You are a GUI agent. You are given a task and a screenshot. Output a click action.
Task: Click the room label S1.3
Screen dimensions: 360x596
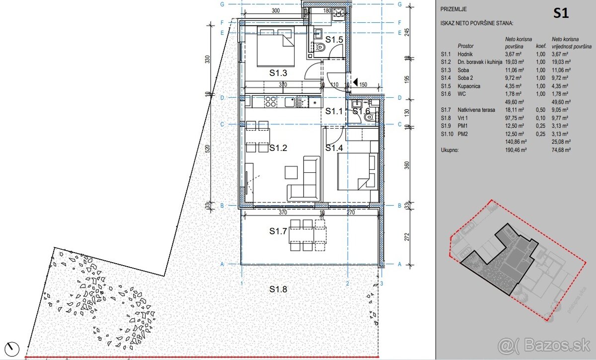[x=279, y=73]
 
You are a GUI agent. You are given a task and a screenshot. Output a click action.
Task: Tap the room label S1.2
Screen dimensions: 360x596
[x=279, y=148]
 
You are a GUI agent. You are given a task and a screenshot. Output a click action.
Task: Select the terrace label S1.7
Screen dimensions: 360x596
[x=279, y=231]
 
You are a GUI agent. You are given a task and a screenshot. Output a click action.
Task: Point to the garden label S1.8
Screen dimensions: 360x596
[x=279, y=289]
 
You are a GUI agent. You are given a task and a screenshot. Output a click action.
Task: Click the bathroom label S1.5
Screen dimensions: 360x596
[x=334, y=39]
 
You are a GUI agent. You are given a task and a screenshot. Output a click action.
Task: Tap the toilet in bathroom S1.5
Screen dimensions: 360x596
[x=320, y=47]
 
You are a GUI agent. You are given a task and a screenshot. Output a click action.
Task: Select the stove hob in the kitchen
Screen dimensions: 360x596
[x=270, y=102]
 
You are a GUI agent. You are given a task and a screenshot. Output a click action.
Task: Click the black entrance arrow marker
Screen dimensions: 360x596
[x=355, y=81]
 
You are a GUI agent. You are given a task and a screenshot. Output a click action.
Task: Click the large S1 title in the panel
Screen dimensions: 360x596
[x=561, y=14]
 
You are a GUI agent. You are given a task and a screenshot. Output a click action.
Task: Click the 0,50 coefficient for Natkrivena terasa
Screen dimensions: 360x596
[x=540, y=110]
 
